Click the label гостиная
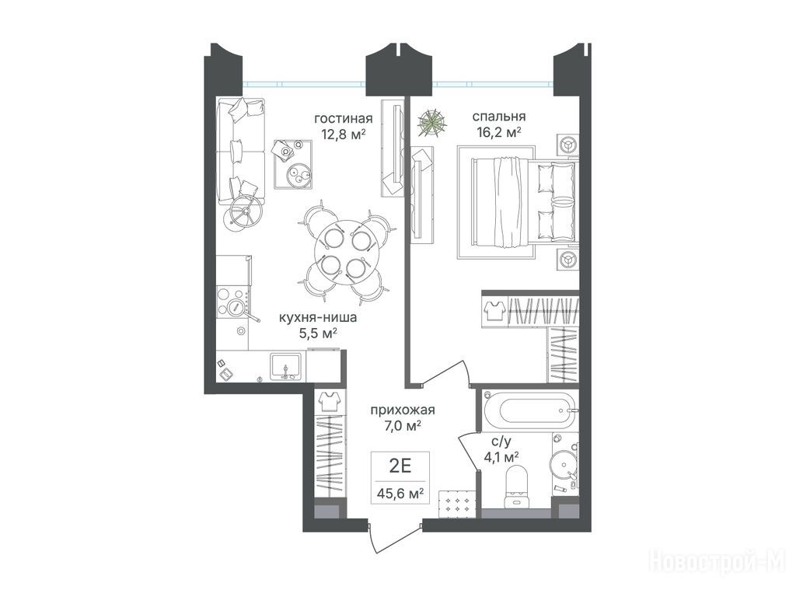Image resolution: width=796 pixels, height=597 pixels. (343, 119)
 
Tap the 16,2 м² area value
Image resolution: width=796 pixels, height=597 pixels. (499, 132)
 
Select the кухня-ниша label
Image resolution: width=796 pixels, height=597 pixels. (318, 318)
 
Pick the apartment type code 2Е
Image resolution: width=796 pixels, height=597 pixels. (400, 466)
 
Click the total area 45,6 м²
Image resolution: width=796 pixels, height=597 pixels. (400, 493)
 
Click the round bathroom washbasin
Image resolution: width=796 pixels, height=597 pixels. (563, 463)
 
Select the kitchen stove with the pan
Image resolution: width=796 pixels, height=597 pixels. (233, 302)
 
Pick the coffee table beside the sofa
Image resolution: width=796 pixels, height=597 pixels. (293, 164)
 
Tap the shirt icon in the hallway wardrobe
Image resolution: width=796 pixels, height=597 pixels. (330, 402)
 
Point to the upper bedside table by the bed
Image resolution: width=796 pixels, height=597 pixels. (567, 145)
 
